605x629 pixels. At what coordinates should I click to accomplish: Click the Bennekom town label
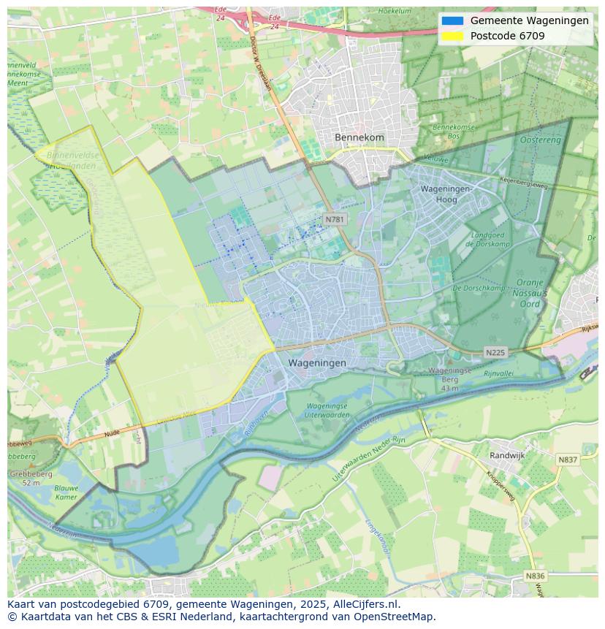click(359, 137)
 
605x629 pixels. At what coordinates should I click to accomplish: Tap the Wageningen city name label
click(317, 362)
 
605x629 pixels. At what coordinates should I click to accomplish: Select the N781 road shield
click(335, 219)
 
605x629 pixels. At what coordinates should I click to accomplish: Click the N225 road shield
click(495, 353)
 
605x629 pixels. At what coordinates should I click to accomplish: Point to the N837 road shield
click(567, 460)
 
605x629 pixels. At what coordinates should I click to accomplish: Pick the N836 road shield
click(535, 576)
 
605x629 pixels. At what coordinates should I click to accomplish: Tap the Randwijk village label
click(507, 454)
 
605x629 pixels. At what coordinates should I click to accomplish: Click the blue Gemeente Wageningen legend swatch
click(452, 20)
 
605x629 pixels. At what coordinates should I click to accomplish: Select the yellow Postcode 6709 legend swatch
click(452, 36)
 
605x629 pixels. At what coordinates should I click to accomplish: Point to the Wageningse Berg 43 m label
click(444, 379)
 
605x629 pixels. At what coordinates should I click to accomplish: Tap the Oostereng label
click(540, 140)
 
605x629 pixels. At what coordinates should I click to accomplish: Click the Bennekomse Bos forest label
click(454, 131)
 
